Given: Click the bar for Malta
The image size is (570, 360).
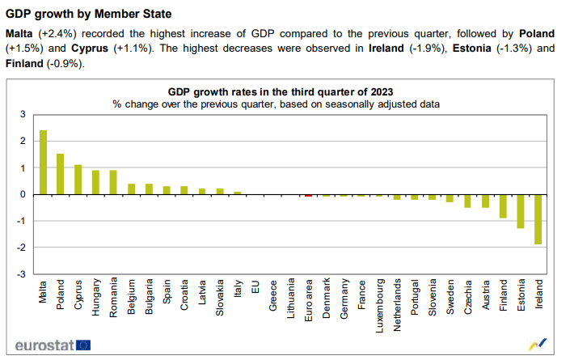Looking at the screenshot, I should point(43,163).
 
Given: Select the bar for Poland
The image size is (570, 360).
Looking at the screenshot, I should point(61,174).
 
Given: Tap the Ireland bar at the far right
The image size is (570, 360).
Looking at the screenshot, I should point(538,219).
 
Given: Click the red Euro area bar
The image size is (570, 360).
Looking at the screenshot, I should point(308,195).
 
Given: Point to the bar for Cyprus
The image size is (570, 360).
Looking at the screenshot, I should point(78,180).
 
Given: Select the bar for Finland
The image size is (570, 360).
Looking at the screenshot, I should point(503,206).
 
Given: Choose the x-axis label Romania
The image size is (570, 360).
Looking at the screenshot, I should point(114,297).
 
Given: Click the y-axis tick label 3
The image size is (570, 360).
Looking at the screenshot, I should point(23,115).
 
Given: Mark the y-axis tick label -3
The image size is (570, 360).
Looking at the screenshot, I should point(22,273).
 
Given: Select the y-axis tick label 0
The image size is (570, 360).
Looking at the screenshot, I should point(23,194).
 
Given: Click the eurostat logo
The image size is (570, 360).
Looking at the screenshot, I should point(53,345).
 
